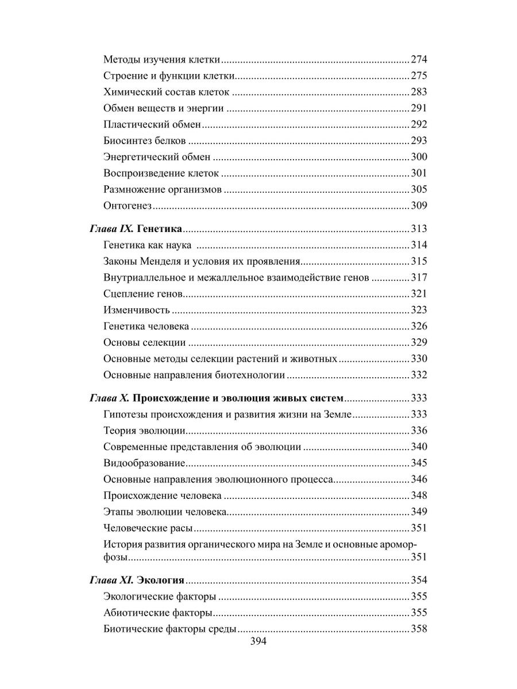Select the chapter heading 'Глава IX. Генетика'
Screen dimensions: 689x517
click(136, 229)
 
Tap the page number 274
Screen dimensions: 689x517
click(419, 59)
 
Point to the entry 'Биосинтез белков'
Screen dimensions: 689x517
click(145, 141)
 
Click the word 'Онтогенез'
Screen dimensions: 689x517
click(127, 206)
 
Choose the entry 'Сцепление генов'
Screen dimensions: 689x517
click(143, 294)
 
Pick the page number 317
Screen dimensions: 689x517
click(419, 278)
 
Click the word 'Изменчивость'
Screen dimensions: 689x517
click(137, 310)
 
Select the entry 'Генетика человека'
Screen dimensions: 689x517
click(146, 327)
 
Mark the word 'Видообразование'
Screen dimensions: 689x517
click(144, 463)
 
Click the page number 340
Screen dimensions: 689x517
click(419, 447)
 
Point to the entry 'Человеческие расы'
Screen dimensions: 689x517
click(148, 528)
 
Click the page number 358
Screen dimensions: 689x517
click(419, 628)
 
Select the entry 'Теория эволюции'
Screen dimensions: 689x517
click(144, 431)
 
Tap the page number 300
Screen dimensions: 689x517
click(419, 157)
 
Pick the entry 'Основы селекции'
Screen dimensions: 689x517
click(144, 343)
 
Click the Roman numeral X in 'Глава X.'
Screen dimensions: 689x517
click(128, 398)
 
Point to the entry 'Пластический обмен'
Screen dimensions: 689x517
click(153, 124)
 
